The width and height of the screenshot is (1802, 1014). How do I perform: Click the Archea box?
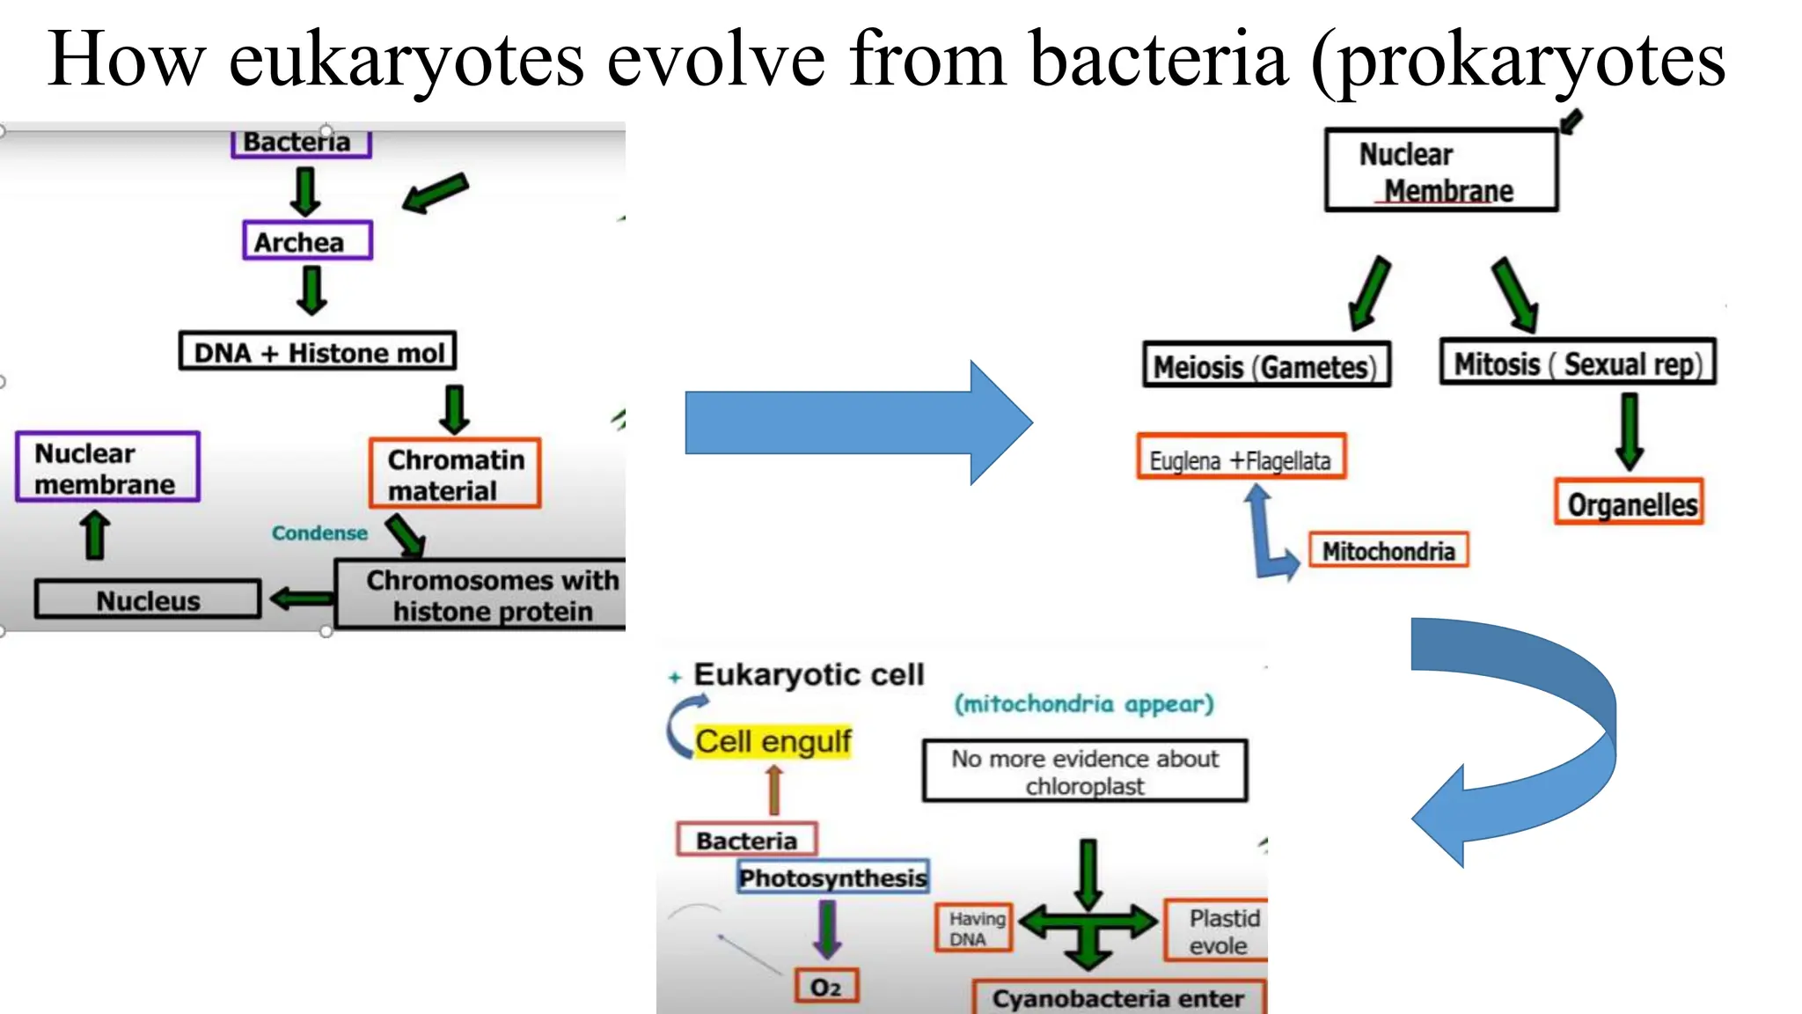307,240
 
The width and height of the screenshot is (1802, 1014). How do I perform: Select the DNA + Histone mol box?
318,352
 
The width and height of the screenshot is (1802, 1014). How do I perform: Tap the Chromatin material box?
455,474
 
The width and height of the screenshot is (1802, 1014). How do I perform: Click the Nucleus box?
148,600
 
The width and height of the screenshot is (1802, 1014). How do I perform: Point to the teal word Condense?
319,533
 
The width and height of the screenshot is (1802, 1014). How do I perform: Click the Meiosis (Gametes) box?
1265,365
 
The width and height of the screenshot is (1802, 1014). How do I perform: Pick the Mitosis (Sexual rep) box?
1577,362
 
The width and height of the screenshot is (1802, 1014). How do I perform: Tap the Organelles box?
1629,503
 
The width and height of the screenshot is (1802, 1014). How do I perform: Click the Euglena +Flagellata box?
1241,458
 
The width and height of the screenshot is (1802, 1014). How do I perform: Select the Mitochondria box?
1388,550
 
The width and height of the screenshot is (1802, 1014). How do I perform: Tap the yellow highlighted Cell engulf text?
773,740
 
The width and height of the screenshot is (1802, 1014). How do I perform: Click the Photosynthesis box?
832,877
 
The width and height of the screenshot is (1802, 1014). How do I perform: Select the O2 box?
825,986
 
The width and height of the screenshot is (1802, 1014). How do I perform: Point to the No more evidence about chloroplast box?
1084,771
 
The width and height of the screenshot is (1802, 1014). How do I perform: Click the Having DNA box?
974,927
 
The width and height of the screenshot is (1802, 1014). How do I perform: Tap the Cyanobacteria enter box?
1117,997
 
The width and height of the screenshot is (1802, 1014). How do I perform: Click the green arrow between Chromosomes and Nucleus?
303,599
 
